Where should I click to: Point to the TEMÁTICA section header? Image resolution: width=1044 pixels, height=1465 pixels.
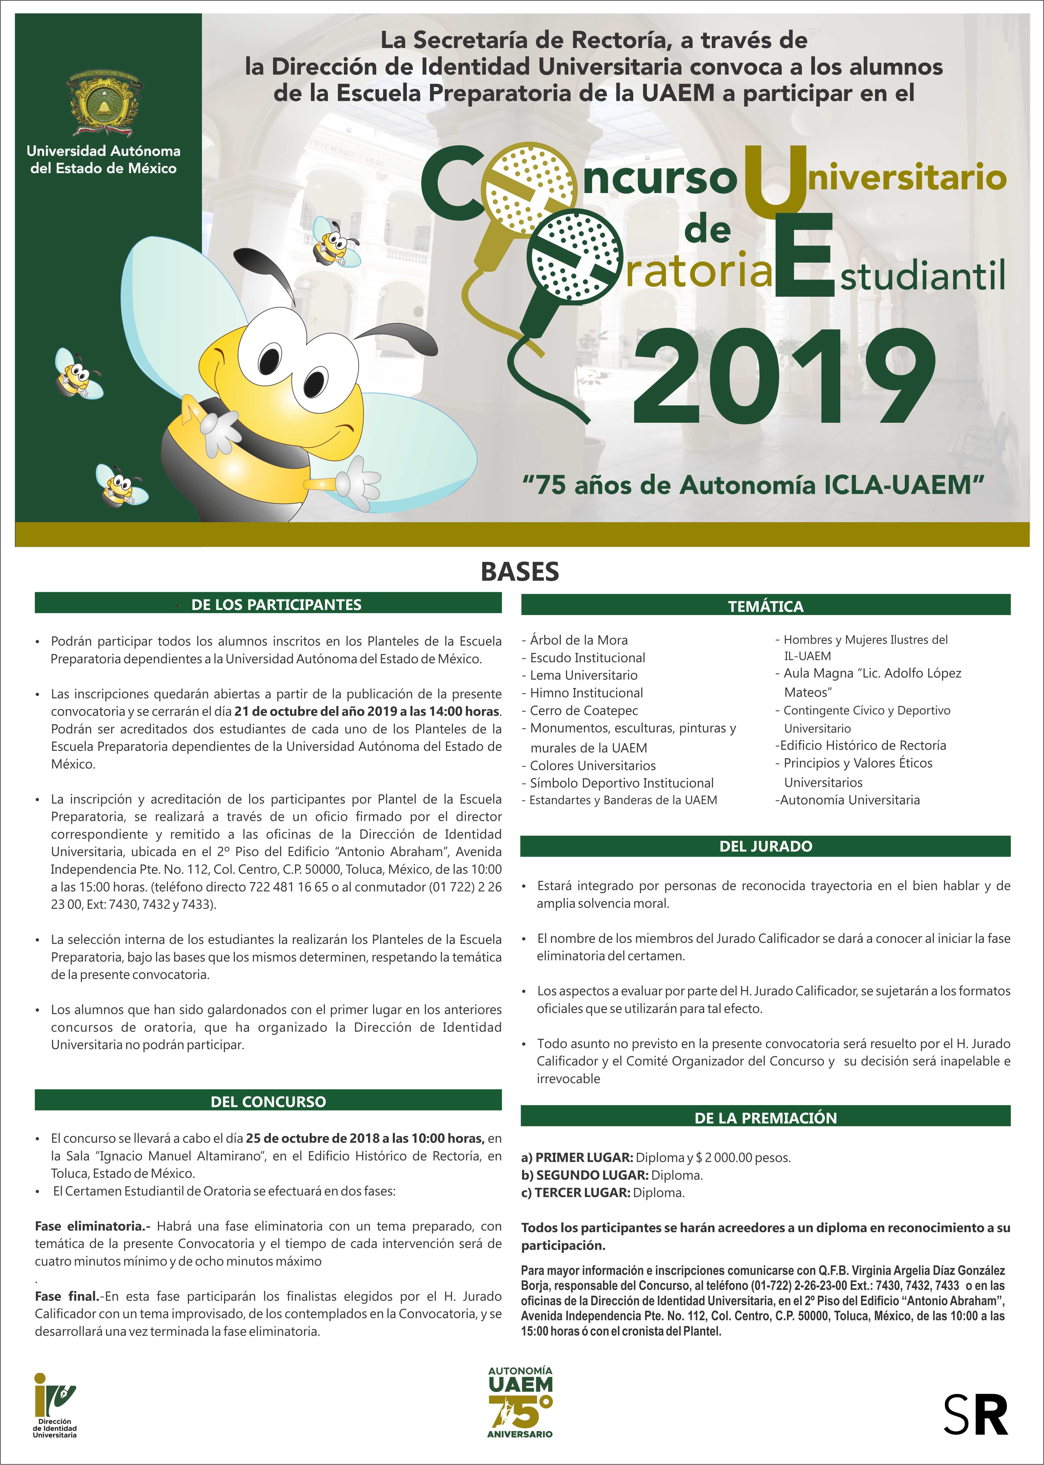765,606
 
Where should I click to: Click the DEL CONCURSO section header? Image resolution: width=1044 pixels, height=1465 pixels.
268,1102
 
